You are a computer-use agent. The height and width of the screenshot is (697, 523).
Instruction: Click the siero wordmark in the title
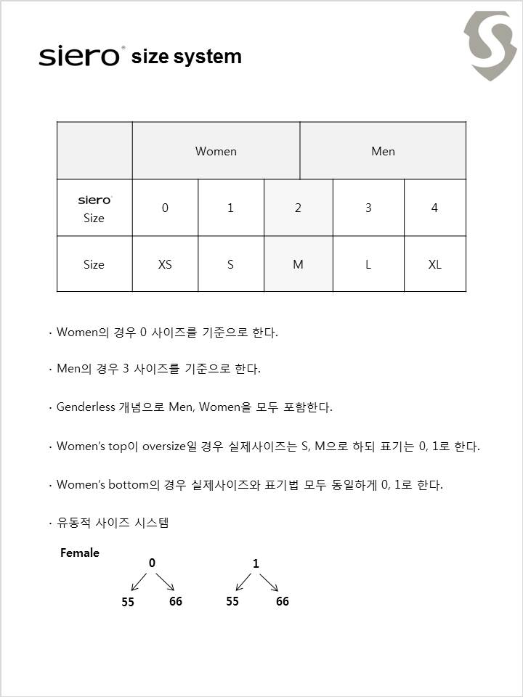[x=80, y=57]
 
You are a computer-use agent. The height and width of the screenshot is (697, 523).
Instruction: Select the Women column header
[x=216, y=151]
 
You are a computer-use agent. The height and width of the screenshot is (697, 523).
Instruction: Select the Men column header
[x=383, y=151]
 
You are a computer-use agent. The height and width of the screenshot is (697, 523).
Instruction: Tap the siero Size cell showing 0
[x=165, y=208]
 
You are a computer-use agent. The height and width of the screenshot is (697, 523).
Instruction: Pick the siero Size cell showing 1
[x=230, y=208]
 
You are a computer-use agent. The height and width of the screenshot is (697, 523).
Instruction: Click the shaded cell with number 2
[x=298, y=208]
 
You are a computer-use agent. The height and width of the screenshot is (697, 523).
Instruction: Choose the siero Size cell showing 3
[x=368, y=208]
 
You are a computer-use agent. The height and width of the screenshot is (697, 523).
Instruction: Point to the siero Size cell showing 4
[x=434, y=208]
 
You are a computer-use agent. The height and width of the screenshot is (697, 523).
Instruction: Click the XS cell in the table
[x=165, y=264]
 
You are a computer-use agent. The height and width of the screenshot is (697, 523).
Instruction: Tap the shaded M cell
[x=298, y=264]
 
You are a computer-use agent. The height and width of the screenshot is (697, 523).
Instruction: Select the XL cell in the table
[x=434, y=264]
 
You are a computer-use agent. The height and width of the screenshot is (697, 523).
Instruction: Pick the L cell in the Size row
[x=368, y=264]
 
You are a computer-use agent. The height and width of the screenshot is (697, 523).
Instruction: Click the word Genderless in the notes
[x=86, y=407]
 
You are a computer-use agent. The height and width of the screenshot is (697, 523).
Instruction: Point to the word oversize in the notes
[x=164, y=446]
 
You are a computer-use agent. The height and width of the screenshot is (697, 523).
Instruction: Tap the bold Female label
[x=80, y=553]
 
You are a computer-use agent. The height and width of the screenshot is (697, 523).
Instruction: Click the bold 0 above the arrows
[x=152, y=563]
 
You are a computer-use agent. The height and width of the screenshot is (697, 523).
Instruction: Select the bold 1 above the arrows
[x=256, y=563]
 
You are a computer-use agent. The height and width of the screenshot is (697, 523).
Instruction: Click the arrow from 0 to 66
[x=165, y=582]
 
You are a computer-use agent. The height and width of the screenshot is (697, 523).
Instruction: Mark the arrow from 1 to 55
[x=243, y=582]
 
